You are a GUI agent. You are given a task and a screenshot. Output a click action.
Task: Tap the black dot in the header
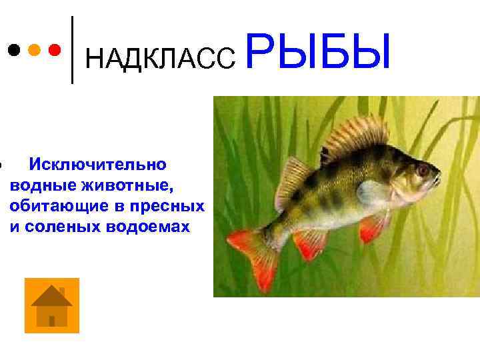coord(13,50)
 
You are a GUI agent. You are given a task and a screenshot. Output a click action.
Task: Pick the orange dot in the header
coord(35,50)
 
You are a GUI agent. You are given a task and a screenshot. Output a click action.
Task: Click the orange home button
coord(52,305)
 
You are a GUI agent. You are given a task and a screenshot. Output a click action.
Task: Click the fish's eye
coord(423,171)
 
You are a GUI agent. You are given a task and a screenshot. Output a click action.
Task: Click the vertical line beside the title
coord(72,50)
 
